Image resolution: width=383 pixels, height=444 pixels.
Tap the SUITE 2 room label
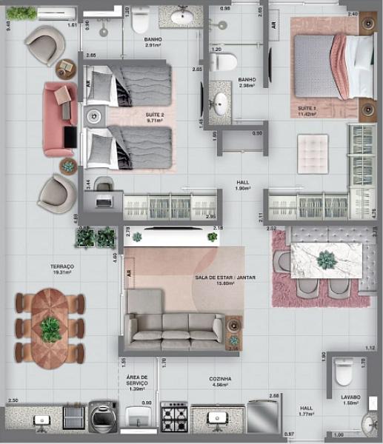(154, 114)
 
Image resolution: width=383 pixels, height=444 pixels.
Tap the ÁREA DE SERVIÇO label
(137, 380)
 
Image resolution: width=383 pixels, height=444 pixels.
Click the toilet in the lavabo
(344, 372)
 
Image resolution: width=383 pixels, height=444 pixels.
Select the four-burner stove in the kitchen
(175, 417)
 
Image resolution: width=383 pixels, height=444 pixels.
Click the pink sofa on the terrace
(59, 118)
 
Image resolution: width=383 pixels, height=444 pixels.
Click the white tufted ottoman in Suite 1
(312, 149)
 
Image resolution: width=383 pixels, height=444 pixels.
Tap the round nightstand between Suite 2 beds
(94, 116)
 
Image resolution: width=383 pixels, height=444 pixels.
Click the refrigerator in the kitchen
(263, 417)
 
